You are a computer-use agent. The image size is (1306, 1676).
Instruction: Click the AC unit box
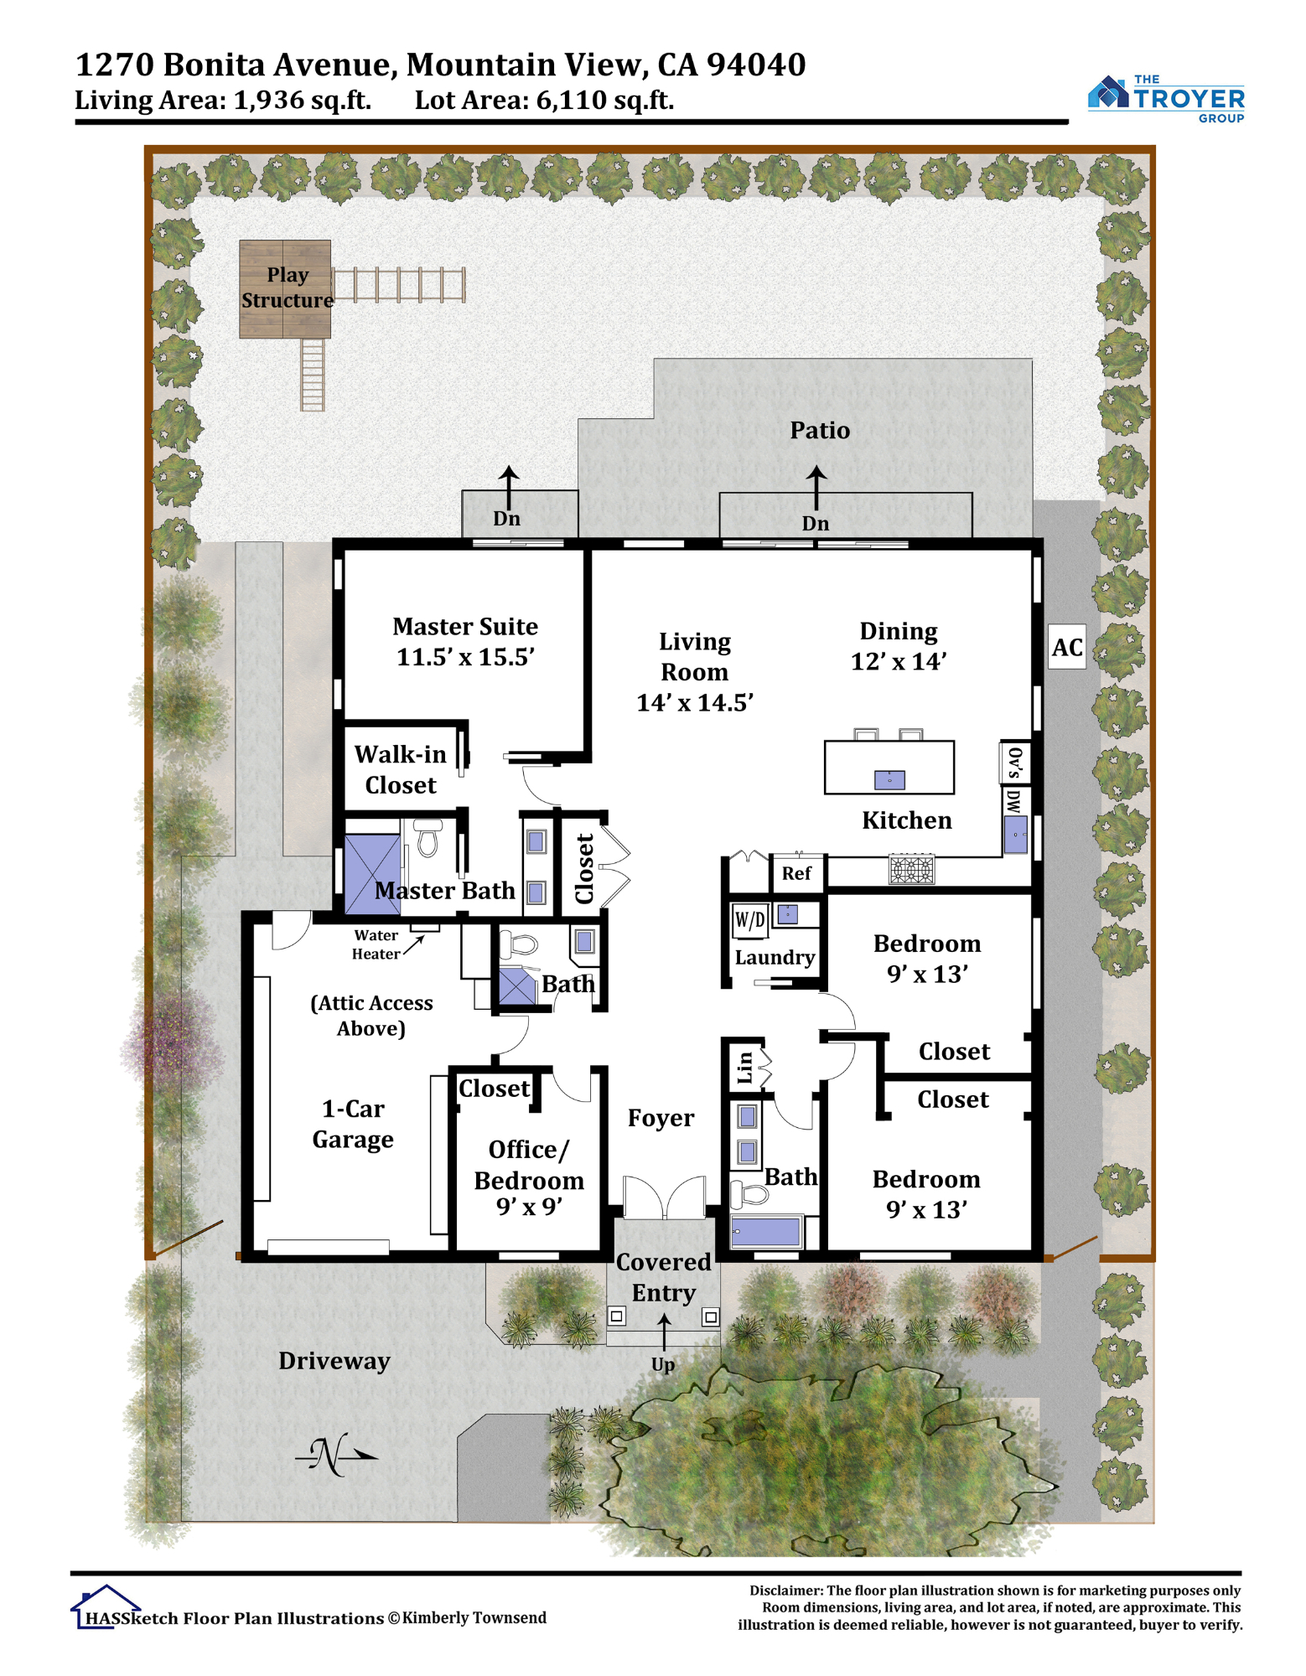point(1067,646)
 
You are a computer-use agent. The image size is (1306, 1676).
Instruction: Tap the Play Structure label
point(288,287)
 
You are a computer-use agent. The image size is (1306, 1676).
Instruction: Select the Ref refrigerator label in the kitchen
point(796,873)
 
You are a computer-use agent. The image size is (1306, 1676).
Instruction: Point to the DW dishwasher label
point(1013,802)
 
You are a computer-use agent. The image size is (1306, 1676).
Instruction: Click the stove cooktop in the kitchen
point(911,869)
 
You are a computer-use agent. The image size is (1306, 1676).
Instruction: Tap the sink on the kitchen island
point(889,780)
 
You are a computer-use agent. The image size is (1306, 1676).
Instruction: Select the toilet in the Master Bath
point(428,838)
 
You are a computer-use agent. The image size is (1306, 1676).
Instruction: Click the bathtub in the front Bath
point(767,1232)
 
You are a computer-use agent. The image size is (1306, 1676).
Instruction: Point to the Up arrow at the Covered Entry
point(664,1332)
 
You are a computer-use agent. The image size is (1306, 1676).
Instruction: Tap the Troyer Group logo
point(1166,99)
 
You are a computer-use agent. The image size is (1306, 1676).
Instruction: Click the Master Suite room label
point(465,641)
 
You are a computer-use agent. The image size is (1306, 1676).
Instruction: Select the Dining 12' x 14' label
point(899,646)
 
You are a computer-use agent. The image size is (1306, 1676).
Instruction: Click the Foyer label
point(661,1118)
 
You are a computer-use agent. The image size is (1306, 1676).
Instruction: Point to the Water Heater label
point(376,944)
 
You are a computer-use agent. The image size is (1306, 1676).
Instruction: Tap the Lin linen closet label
point(744,1068)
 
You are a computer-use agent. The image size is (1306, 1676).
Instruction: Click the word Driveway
point(334,1361)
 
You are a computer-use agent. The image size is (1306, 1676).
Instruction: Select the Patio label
point(820,430)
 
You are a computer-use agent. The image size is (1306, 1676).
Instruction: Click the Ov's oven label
point(1014,762)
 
